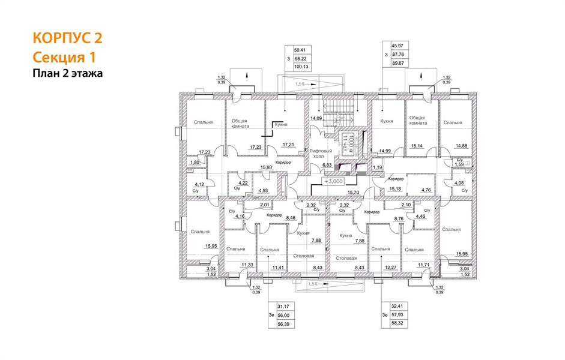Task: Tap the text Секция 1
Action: tap(64, 57)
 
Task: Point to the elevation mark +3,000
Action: tap(334, 181)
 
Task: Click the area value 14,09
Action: tap(316, 119)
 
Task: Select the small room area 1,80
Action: tap(194, 163)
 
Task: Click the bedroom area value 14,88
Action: tap(462, 145)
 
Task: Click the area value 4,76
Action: tap(426, 190)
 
